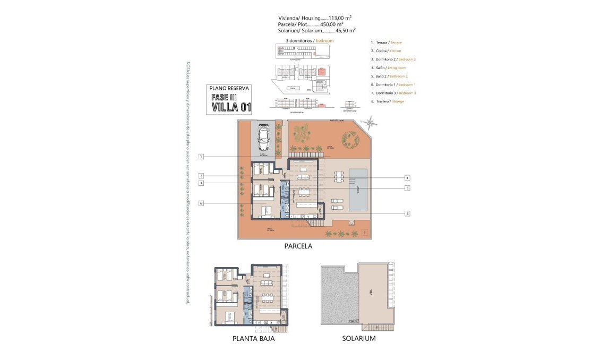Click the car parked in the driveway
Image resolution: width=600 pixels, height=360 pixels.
[263, 139]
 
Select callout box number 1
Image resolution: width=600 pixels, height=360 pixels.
[201, 156]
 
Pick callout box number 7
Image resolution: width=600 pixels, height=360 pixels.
[201, 176]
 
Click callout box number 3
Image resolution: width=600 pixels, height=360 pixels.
[201, 183]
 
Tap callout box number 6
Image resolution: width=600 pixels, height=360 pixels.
[201, 203]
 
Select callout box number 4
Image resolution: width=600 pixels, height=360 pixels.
[407, 177]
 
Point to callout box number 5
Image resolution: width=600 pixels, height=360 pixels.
[407, 187]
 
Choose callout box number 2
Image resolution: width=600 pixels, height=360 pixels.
[407, 213]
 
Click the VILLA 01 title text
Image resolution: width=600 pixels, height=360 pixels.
[231, 107]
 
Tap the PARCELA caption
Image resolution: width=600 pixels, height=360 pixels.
[298, 246]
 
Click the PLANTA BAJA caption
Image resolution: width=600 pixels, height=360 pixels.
[253, 338]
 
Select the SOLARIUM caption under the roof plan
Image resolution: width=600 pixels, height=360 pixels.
[358, 338]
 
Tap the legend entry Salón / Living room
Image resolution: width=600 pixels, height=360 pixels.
[388, 67]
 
